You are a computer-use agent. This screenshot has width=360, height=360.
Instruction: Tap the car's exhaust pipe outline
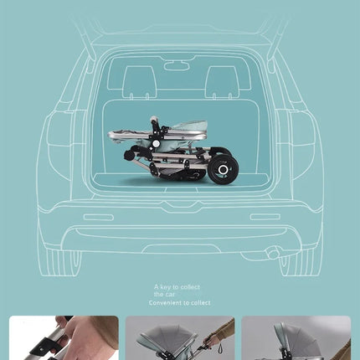tap(272, 252)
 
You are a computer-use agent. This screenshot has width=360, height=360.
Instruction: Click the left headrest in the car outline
tap(140, 81)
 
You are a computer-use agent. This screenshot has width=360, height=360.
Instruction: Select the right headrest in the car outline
tap(222, 81)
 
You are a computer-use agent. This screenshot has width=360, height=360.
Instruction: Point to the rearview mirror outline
tap(176, 65)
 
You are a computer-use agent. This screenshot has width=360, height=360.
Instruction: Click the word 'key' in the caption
tap(167, 287)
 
